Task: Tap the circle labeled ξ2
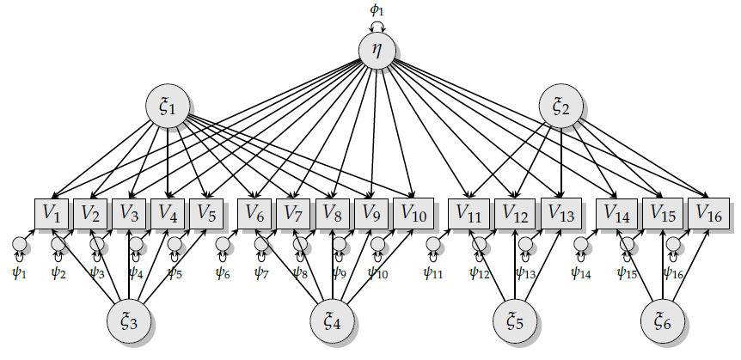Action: point(561,107)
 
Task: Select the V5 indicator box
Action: point(207,212)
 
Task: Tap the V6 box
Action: point(255,212)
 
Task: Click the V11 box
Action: point(468,212)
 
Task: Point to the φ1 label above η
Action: point(377,9)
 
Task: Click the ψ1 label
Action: point(20,274)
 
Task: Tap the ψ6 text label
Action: point(224,274)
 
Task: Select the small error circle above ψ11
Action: point(432,245)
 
